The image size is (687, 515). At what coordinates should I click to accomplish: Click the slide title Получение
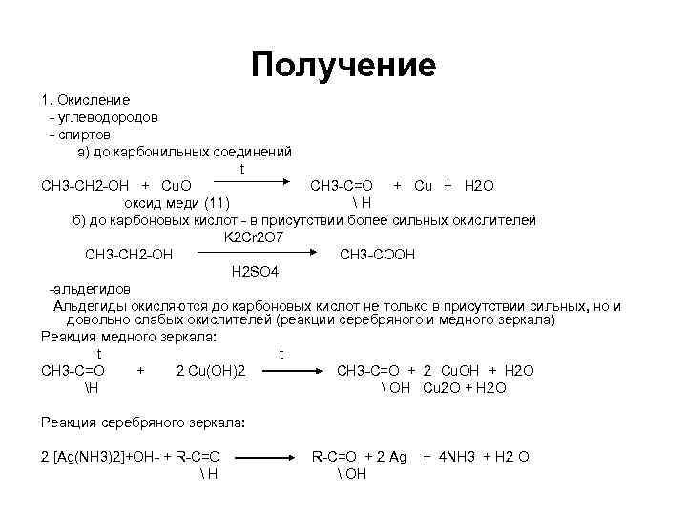[x=343, y=65]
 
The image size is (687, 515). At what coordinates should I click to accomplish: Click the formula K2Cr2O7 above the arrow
[x=254, y=237]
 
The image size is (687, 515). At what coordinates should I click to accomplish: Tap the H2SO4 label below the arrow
[x=255, y=272]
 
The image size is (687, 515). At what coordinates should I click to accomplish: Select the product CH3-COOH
[x=377, y=255]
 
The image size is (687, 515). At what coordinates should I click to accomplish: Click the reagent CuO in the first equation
[x=177, y=185]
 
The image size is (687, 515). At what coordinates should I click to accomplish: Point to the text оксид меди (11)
[x=178, y=202]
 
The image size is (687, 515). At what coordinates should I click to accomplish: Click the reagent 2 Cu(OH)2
[x=211, y=370]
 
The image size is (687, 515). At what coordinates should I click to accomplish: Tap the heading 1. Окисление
[x=86, y=99]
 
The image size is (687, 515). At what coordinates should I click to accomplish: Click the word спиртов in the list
[x=84, y=134]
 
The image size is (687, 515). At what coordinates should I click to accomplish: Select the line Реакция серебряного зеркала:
[x=144, y=422]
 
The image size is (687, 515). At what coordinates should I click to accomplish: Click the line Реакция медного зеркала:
[x=129, y=337]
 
